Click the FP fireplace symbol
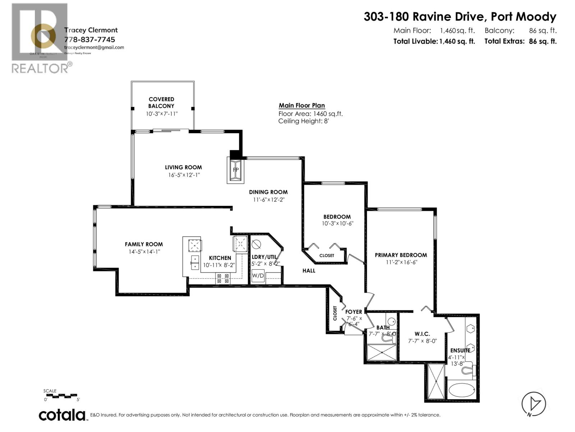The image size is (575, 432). (x=236, y=170)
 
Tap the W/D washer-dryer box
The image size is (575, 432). (x=258, y=276)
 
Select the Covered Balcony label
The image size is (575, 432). (x=161, y=102)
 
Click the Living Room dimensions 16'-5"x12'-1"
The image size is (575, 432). (x=184, y=175)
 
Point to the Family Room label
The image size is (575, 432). (x=144, y=244)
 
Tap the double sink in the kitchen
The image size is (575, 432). (x=195, y=262)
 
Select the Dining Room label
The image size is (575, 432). (x=268, y=192)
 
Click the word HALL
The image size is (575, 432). (x=309, y=270)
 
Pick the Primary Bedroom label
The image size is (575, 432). (x=401, y=255)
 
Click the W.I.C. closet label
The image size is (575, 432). (x=422, y=334)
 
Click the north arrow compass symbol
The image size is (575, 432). (x=534, y=404)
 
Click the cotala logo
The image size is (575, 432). (x=62, y=415)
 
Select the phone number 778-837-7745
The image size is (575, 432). (x=89, y=39)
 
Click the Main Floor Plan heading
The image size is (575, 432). (x=302, y=105)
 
